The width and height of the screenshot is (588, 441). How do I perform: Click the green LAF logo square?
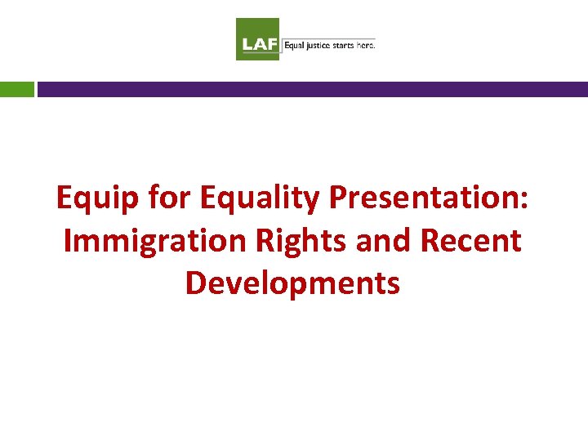click(x=258, y=39)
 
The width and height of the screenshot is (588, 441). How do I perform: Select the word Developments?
click(x=292, y=283)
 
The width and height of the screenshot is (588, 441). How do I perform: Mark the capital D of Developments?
click(x=196, y=283)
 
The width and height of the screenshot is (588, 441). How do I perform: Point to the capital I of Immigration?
click(x=68, y=241)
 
